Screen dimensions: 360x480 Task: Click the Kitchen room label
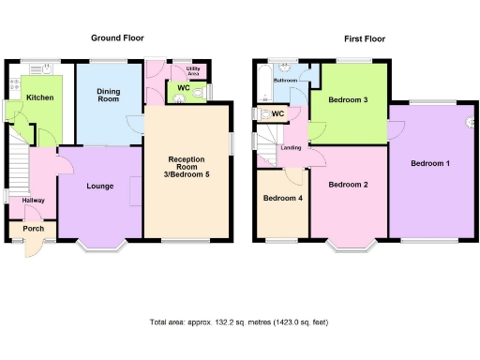tap(38, 97)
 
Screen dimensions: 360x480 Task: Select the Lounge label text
tap(99, 187)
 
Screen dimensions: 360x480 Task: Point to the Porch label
tap(33, 229)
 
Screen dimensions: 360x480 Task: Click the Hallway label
tap(33, 200)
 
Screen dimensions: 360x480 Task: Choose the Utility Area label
tap(195, 71)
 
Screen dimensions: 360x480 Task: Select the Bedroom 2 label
tap(348, 185)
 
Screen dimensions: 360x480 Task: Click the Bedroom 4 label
tap(282, 199)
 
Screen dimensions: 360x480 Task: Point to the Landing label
tap(292, 149)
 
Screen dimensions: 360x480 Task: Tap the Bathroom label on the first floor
tap(285, 82)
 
